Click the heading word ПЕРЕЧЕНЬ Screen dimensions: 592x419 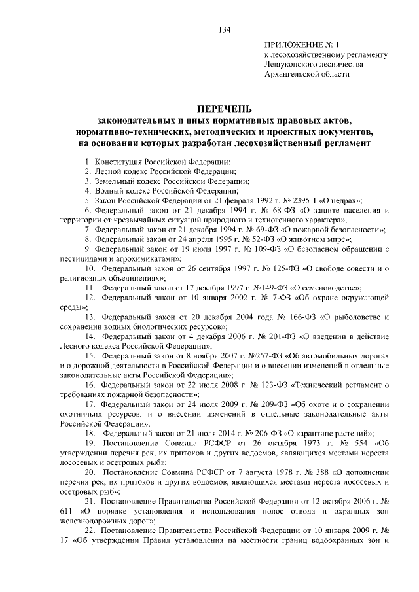click(224, 109)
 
